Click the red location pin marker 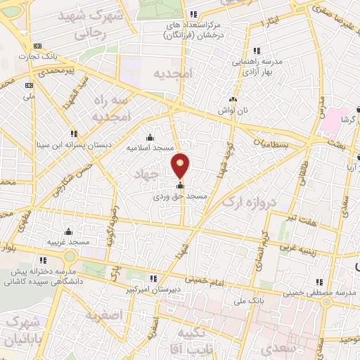pos(181,165)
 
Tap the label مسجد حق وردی pos(181,198)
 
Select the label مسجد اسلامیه pos(149,148)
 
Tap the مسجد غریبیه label pos(68,242)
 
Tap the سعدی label pos(276,349)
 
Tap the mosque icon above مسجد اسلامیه pos(149,138)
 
